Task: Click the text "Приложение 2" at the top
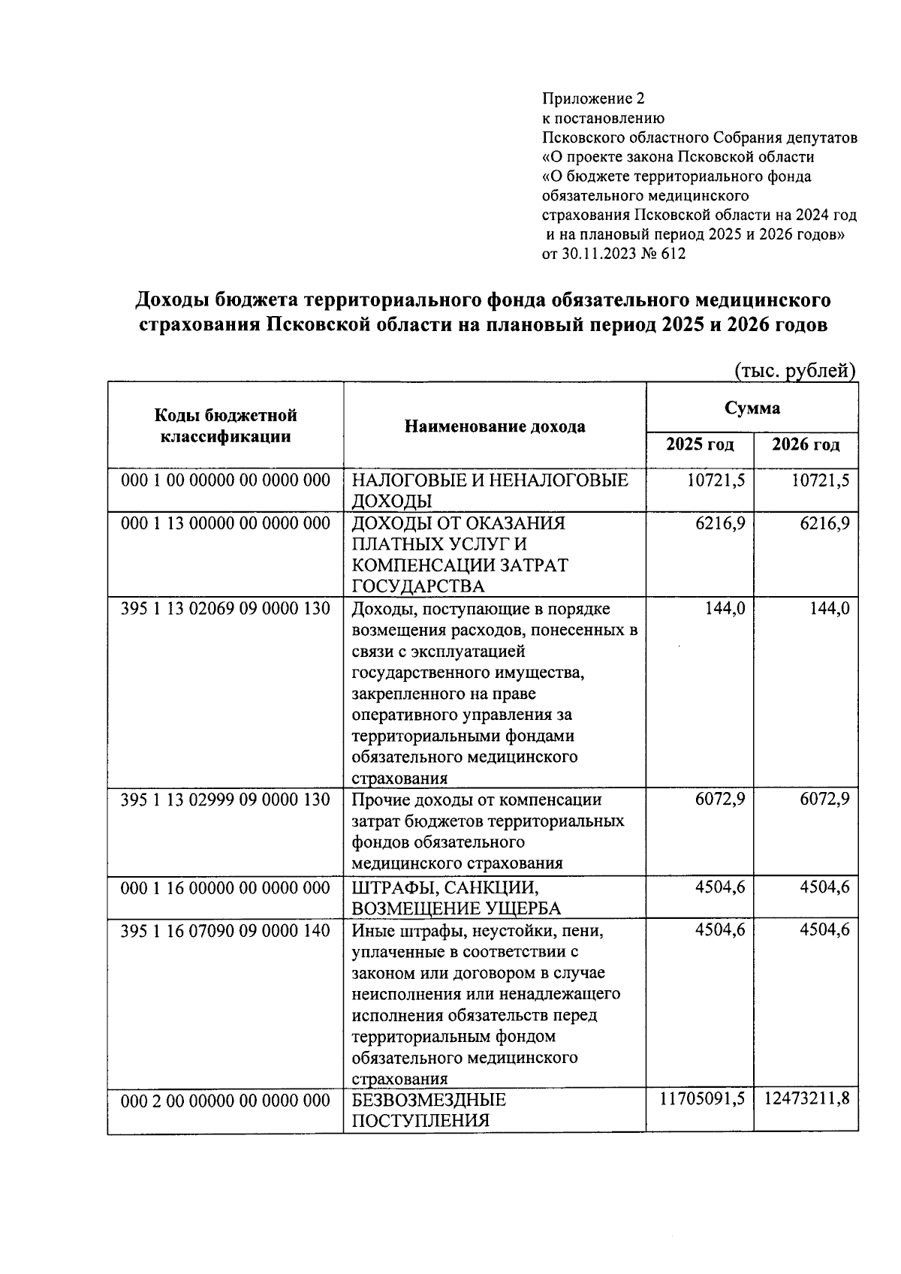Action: click(x=593, y=98)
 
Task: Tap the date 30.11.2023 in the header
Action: click(x=595, y=254)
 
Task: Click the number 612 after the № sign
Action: click(x=673, y=254)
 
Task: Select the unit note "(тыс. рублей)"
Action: click(x=794, y=370)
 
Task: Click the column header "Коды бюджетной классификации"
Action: click(x=225, y=426)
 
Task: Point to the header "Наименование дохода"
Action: click(x=495, y=426)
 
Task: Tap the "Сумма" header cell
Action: click(x=752, y=408)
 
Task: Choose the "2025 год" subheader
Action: click(x=700, y=444)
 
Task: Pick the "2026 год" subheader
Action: click(x=806, y=444)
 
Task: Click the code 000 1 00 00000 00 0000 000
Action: click(x=225, y=480)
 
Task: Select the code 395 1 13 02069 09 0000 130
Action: click(x=225, y=609)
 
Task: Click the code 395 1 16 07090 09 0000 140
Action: click(x=225, y=931)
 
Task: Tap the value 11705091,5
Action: click(x=702, y=1100)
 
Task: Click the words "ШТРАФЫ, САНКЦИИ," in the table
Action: click(x=445, y=888)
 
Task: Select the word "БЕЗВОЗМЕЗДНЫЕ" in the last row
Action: click(x=429, y=1101)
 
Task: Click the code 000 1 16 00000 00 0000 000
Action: click(x=225, y=888)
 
